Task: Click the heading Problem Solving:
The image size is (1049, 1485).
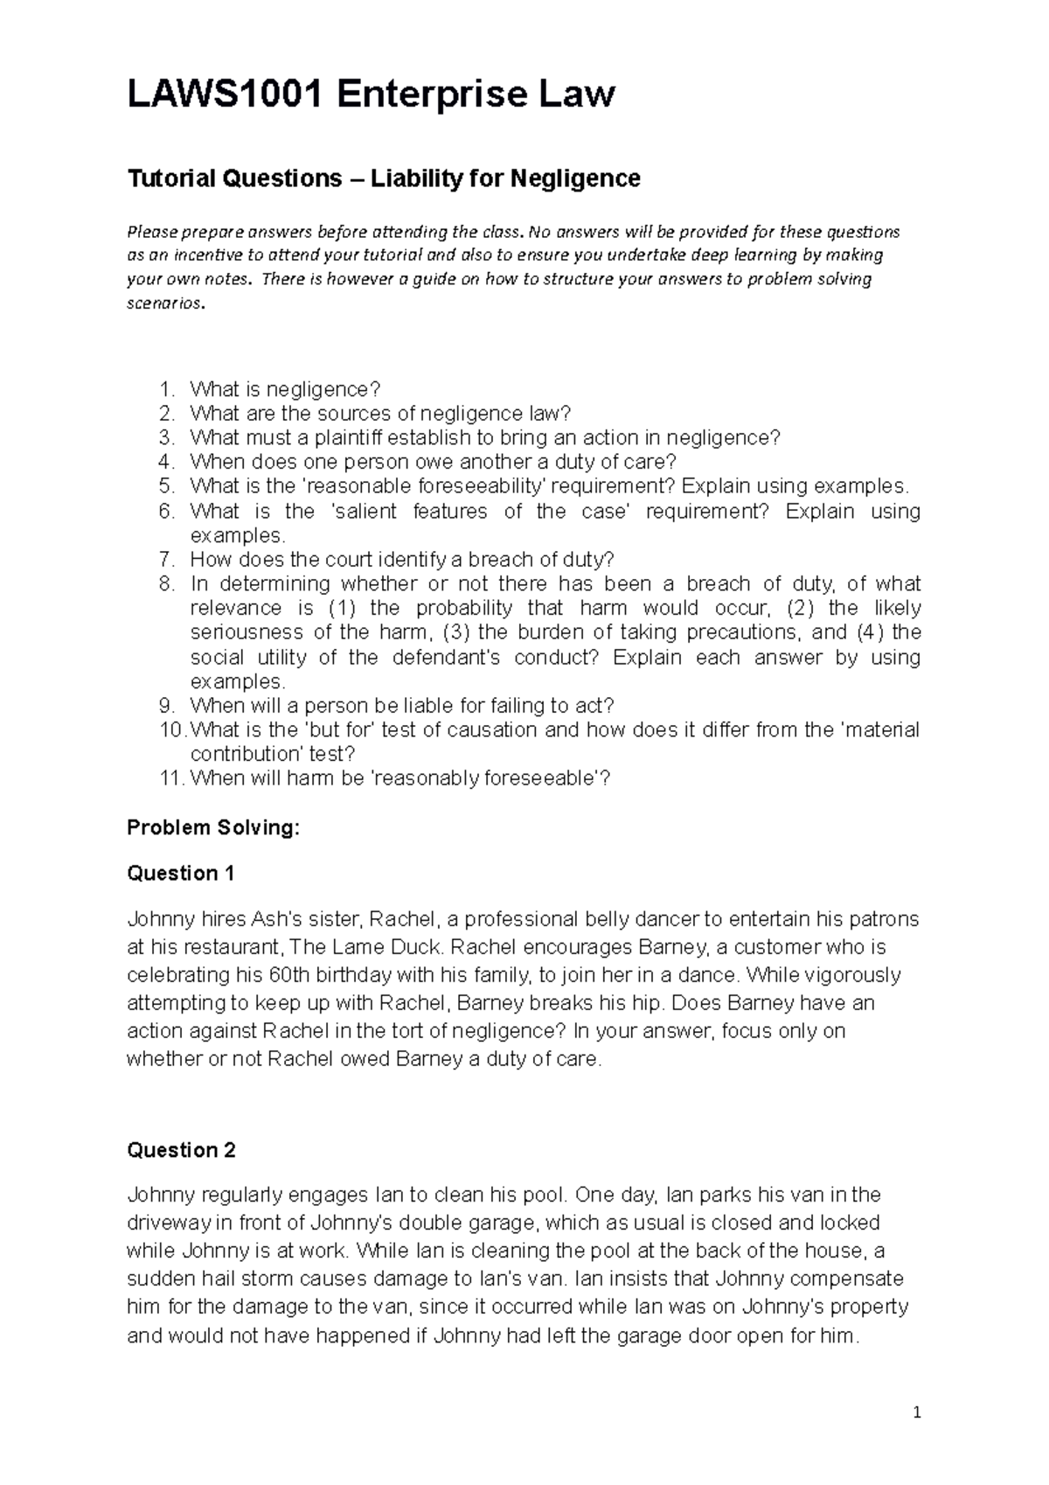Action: pos(213,827)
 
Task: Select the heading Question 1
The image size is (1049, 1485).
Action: pos(181,873)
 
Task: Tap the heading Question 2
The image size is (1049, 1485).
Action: pos(181,1150)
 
